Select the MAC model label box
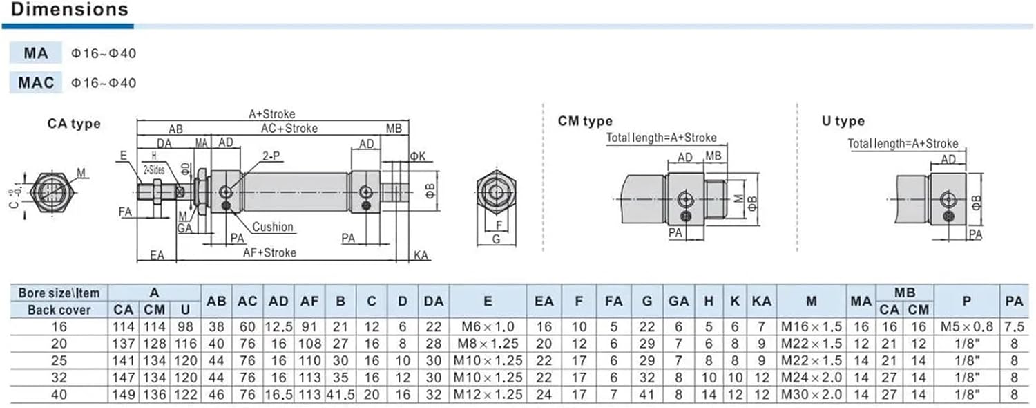pyautogui.click(x=36, y=82)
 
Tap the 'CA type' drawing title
pyautogui.click(x=74, y=124)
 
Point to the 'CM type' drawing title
pyautogui.click(x=585, y=122)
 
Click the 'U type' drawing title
pyautogui.click(x=843, y=122)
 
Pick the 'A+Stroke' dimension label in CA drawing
pyautogui.click(x=272, y=114)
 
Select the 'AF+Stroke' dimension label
pyautogui.click(x=269, y=252)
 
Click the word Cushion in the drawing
pyautogui.click(x=272, y=227)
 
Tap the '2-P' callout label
pyautogui.click(x=271, y=156)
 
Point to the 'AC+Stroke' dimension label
pyautogui.click(x=289, y=129)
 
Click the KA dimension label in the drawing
pyautogui.click(x=421, y=255)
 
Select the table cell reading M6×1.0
pyautogui.click(x=488, y=327)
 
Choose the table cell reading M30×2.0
pyautogui.click(x=811, y=394)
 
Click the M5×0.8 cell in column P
pyautogui.click(x=966, y=327)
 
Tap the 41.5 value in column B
pyautogui.click(x=340, y=394)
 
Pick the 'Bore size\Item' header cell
pyautogui.click(x=59, y=293)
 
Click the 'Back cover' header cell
pyautogui.click(x=59, y=310)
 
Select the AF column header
pyautogui.click(x=309, y=302)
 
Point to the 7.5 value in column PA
pyautogui.click(x=1014, y=327)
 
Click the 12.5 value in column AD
pyautogui.click(x=278, y=327)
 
